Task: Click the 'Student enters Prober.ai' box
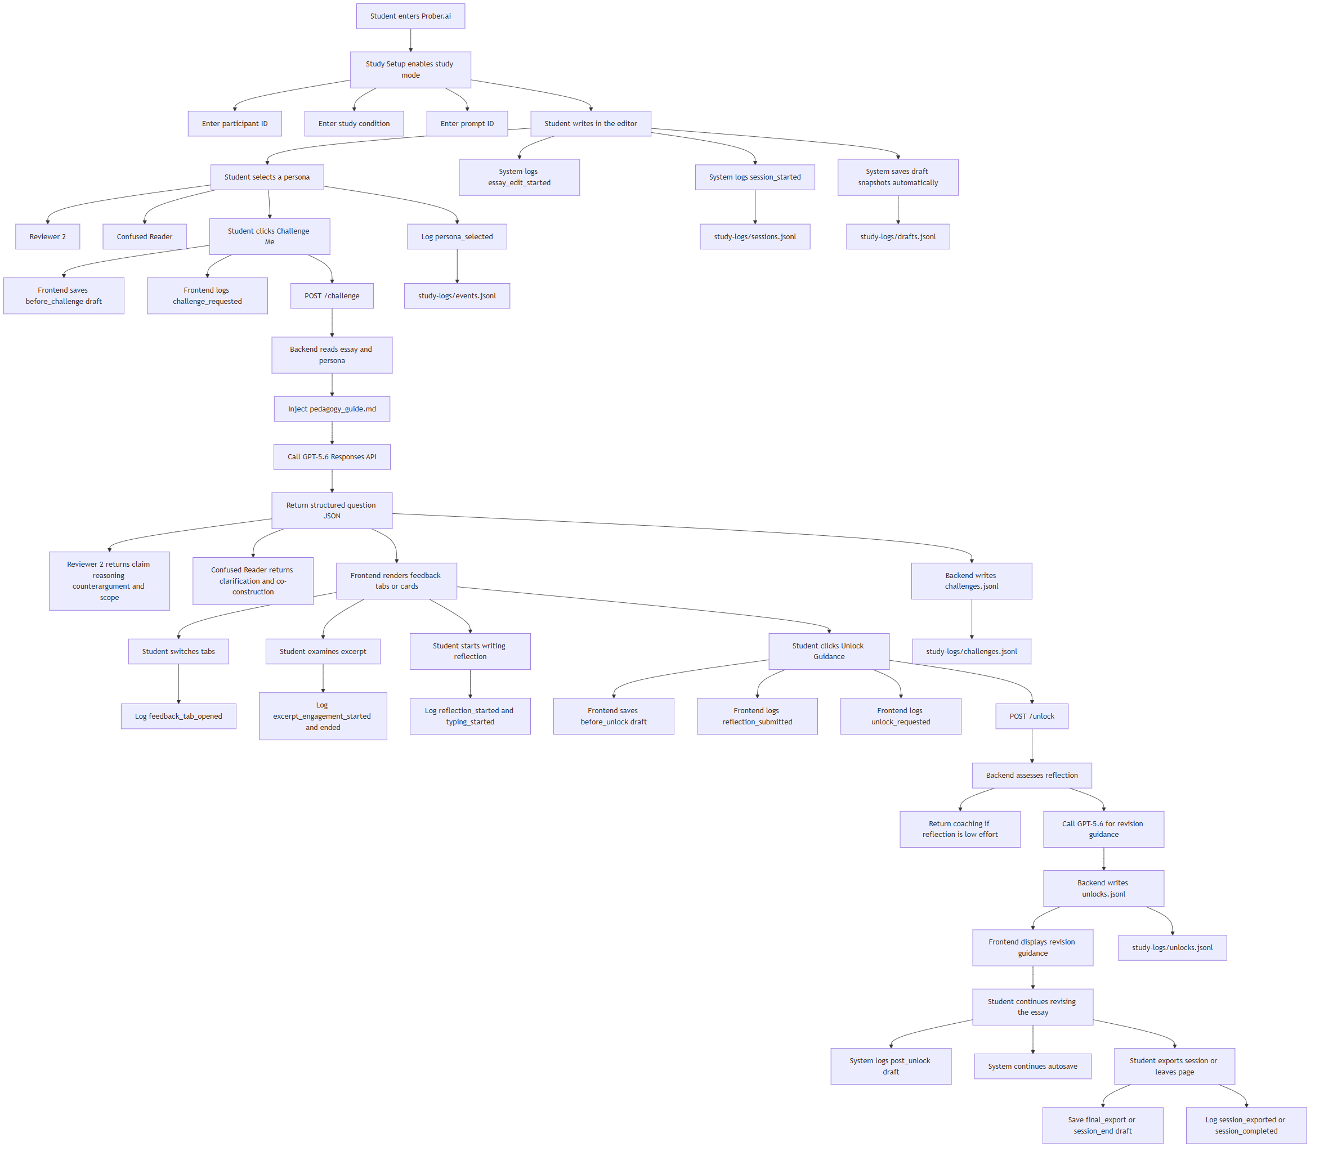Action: (x=410, y=16)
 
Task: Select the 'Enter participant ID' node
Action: (x=234, y=124)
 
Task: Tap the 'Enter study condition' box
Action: (x=354, y=124)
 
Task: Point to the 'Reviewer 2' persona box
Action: (x=48, y=237)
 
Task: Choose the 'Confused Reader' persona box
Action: (x=144, y=237)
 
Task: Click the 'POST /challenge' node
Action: (x=332, y=296)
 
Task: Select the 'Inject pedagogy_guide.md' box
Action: (x=332, y=409)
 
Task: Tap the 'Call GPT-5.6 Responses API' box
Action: (x=332, y=457)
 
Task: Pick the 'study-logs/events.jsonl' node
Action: (x=457, y=296)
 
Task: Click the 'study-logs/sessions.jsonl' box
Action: (x=755, y=237)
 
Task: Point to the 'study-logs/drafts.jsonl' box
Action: (x=898, y=237)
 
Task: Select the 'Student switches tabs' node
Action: (x=178, y=652)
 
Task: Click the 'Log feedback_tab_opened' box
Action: (x=178, y=716)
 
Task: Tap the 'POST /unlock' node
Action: (x=1032, y=716)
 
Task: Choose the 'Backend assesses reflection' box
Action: (x=1032, y=776)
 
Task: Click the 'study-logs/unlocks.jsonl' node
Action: (x=1173, y=948)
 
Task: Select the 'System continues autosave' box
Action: (x=1032, y=1067)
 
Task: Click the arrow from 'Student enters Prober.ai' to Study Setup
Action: (x=410, y=40)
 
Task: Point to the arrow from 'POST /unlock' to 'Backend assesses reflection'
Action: (x=1032, y=746)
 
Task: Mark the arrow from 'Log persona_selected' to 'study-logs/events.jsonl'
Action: (x=457, y=266)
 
